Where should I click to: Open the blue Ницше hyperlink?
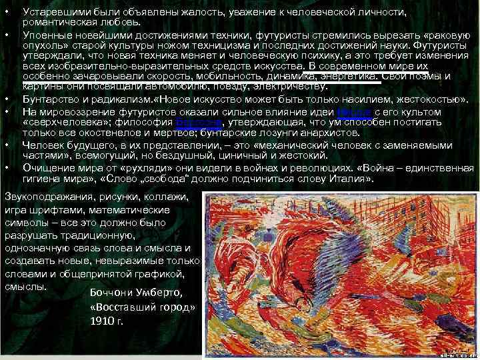coord(351,111)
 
